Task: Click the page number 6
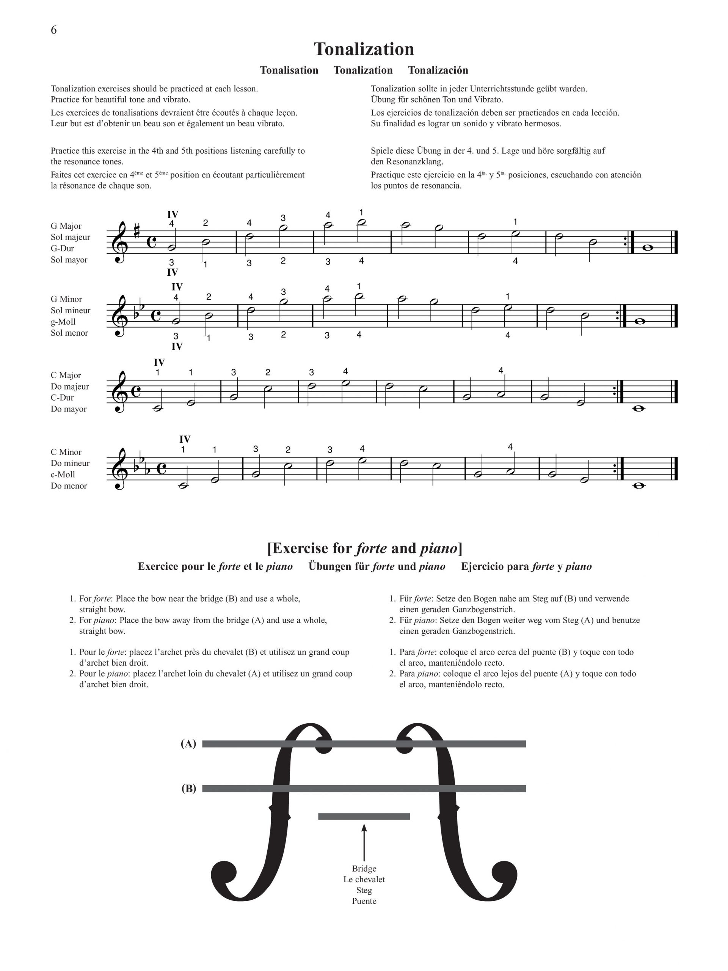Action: (53, 30)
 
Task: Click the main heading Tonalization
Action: (364, 49)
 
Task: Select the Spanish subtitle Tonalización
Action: (438, 70)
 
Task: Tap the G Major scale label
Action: (66, 226)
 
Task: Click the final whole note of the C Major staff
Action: (639, 409)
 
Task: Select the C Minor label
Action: (66, 452)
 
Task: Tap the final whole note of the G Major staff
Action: (647, 248)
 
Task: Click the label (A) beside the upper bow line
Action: (188, 744)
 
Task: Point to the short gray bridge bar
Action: (364, 817)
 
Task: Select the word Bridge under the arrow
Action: (364, 869)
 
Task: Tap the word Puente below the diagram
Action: (364, 901)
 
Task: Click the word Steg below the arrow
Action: (364, 890)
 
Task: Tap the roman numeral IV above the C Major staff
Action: (159, 363)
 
